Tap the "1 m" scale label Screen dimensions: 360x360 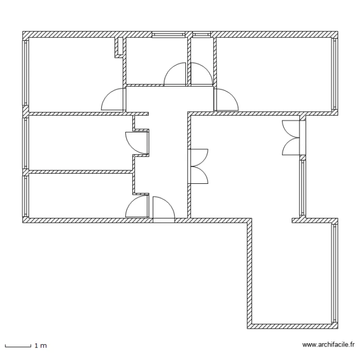(x=40, y=346)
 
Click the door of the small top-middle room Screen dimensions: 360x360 (x=175, y=74)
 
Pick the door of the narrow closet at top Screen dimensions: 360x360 (x=201, y=74)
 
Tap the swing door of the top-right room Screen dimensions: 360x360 (x=226, y=99)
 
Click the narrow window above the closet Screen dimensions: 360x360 (x=201, y=35)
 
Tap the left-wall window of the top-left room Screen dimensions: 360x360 (x=26, y=72)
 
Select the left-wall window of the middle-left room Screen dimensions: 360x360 (x=26, y=143)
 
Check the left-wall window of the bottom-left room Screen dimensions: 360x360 (x=26, y=196)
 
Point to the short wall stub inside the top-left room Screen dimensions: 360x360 (x=117, y=47)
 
